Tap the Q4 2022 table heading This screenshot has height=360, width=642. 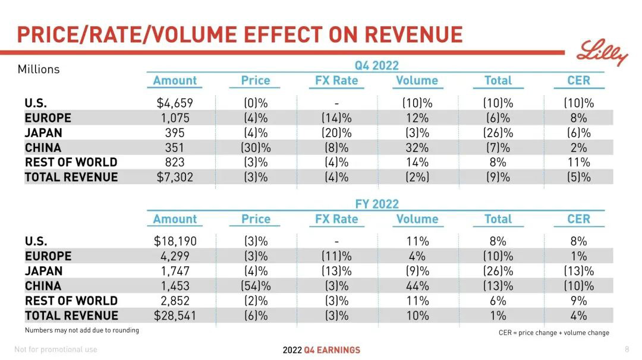pos(377,65)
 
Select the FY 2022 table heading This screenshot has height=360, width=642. pos(377,204)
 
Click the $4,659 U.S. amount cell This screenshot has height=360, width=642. pos(175,103)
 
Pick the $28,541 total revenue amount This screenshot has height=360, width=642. pos(175,315)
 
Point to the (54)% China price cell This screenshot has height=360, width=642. pos(256,286)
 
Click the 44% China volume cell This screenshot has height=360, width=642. pos(417,286)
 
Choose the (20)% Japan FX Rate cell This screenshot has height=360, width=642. pos(336,132)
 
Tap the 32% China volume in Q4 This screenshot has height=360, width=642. pos(417,147)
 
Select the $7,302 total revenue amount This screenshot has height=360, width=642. pos(175,177)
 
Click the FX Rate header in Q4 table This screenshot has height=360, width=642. pos(336,81)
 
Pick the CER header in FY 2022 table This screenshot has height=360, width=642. pos(578,219)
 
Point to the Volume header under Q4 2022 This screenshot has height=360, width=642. pos(417,81)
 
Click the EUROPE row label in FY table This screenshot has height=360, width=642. pos(48,256)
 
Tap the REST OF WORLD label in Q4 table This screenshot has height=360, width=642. pos(71,162)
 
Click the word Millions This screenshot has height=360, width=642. pos(39,69)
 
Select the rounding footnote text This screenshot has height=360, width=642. pos(82,330)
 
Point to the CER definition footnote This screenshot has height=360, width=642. pos(553,333)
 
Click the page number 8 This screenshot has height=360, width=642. pos(627,349)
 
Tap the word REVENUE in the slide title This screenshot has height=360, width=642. pos(413,34)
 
